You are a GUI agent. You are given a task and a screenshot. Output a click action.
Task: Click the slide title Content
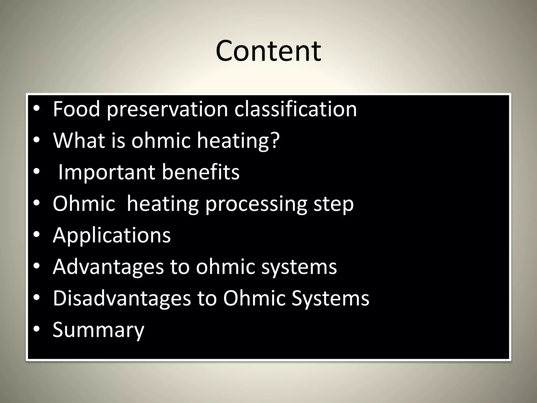tap(268, 51)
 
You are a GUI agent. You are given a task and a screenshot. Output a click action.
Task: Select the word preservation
tap(167, 109)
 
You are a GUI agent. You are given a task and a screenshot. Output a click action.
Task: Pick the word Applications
tap(112, 235)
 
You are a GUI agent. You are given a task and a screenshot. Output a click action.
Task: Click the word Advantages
tap(108, 267)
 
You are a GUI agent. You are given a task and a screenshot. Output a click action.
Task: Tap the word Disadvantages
tap(122, 298)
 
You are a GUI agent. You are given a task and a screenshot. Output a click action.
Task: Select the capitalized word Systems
tap(330, 298)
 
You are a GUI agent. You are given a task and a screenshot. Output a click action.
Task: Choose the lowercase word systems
tap(299, 267)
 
